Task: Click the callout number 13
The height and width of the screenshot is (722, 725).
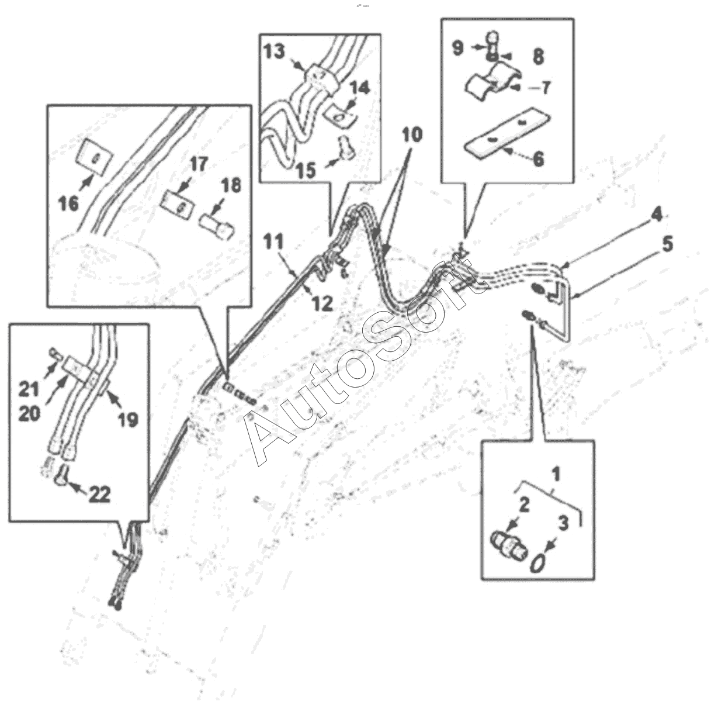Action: click(x=273, y=52)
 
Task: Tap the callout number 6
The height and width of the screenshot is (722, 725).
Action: click(x=538, y=158)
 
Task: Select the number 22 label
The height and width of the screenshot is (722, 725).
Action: click(x=99, y=495)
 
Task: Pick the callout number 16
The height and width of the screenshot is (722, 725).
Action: click(x=68, y=204)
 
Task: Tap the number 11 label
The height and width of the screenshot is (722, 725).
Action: click(x=273, y=240)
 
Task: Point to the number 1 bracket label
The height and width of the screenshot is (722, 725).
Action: click(x=556, y=474)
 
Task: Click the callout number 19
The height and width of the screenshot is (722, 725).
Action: click(x=127, y=419)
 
